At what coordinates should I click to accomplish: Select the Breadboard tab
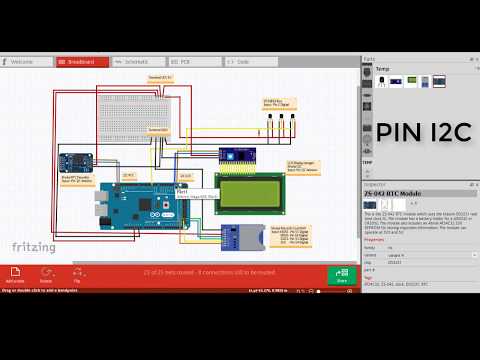click(x=82, y=61)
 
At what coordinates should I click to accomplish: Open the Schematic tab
click(x=135, y=61)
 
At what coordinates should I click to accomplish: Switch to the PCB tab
click(x=185, y=61)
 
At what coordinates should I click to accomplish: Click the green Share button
click(x=342, y=276)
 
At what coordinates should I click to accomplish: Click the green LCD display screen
click(x=250, y=193)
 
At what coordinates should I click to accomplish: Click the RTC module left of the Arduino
click(x=75, y=160)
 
